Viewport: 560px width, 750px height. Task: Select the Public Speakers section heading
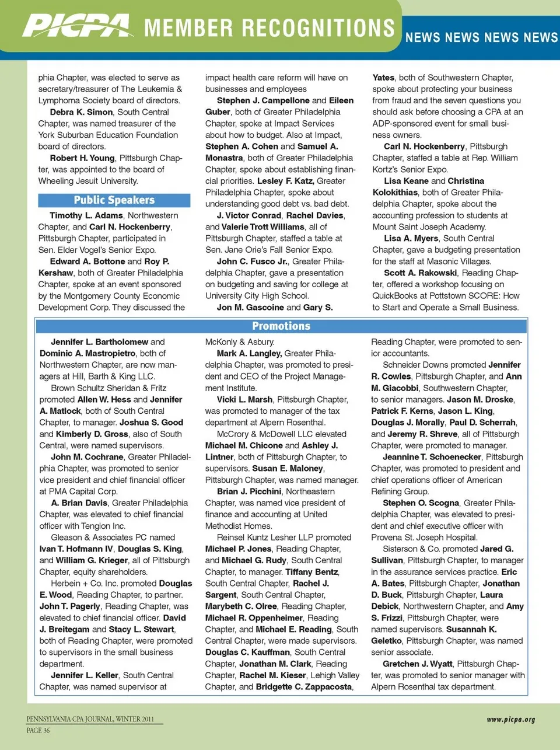[114, 200]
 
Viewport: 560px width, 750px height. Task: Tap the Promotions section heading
[281, 326]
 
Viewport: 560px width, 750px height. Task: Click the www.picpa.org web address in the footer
[510, 720]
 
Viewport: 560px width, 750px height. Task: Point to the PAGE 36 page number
[38, 730]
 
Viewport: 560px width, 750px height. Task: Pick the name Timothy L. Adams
[86, 215]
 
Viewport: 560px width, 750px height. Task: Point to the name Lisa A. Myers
[411, 238]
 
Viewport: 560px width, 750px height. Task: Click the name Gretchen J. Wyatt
[417, 664]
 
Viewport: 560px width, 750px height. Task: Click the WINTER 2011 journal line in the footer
[134, 719]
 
